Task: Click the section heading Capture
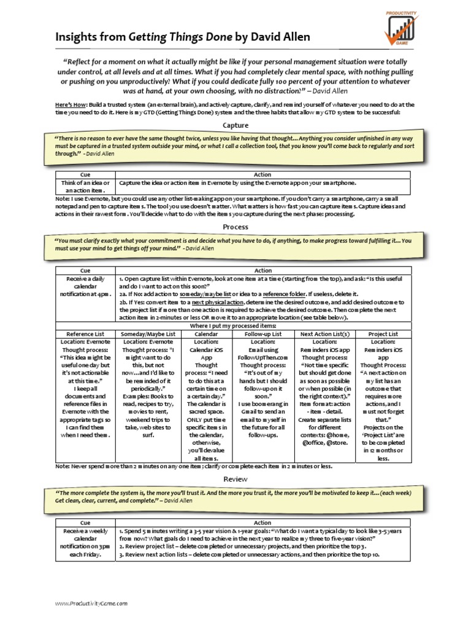tap(235, 125)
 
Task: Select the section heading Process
tap(235, 227)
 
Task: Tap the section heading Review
tap(235, 479)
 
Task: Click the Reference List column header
tap(85, 334)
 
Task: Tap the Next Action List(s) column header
tap(324, 334)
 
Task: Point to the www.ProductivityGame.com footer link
tap(91, 604)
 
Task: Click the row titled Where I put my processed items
tap(235, 326)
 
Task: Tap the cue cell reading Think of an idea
tap(85, 187)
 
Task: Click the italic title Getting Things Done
tap(180, 37)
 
